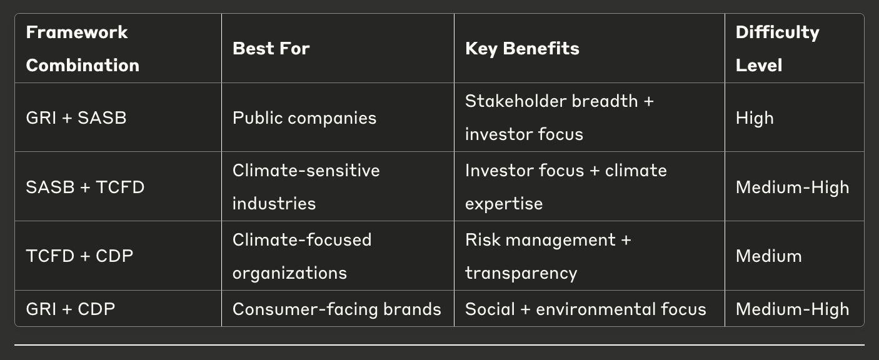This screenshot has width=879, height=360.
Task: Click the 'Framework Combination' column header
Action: [83, 49]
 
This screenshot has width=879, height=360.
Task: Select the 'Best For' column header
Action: [271, 49]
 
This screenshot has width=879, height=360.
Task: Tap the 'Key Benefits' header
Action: [522, 49]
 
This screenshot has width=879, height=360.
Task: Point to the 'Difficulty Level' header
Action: [777, 49]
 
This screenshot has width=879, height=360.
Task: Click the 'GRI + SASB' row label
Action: [76, 117]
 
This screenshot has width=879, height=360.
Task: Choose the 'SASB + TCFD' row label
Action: [85, 187]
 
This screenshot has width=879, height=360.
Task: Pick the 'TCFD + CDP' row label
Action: [79, 256]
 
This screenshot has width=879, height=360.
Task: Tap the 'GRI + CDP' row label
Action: [71, 309]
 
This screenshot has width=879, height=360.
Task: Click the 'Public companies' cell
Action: [304, 118]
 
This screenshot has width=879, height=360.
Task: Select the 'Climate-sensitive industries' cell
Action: [306, 187]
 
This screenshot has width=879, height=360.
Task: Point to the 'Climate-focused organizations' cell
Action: [302, 256]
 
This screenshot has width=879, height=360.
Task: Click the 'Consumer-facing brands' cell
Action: [337, 309]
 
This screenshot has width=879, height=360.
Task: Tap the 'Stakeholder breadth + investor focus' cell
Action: [559, 117]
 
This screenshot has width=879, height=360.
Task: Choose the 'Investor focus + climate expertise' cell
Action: [566, 187]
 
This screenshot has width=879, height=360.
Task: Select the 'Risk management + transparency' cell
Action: [548, 256]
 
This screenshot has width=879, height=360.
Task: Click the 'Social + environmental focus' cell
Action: [586, 309]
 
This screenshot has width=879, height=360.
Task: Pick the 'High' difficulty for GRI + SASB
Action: [755, 118]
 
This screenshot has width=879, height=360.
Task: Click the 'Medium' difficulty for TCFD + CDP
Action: [769, 256]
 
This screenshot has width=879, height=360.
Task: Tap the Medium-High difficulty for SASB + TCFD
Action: [792, 187]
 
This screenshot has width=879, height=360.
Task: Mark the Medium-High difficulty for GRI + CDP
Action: [792, 309]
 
